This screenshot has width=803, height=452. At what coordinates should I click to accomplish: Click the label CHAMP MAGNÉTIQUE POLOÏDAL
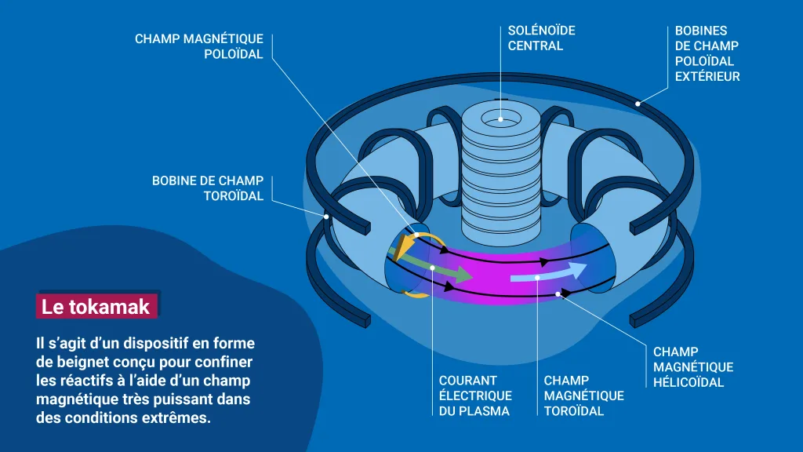(x=199, y=46)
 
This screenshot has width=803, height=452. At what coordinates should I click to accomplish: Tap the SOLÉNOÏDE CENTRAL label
(x=541, y=38)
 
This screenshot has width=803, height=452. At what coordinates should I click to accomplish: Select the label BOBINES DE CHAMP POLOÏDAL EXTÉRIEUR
(x=707, y=53)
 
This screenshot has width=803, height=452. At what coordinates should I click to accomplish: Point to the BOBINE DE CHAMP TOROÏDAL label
(x=208, y=188)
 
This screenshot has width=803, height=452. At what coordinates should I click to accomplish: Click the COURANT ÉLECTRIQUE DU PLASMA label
(x=475, y=395)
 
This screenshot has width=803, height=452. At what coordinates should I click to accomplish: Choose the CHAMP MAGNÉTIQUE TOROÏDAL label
(x=583, y=395)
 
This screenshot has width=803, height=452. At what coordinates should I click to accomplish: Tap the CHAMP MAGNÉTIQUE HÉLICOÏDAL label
(x=693, y=367)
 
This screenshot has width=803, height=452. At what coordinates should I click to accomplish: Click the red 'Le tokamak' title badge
(x=96, y=306)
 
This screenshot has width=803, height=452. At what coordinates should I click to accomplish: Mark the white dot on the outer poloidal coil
(x=638, y=103)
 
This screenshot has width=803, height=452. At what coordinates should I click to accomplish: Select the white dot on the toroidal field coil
(x=326, y=215)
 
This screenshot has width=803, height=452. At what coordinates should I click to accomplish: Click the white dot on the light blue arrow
(x=537, y=276)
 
